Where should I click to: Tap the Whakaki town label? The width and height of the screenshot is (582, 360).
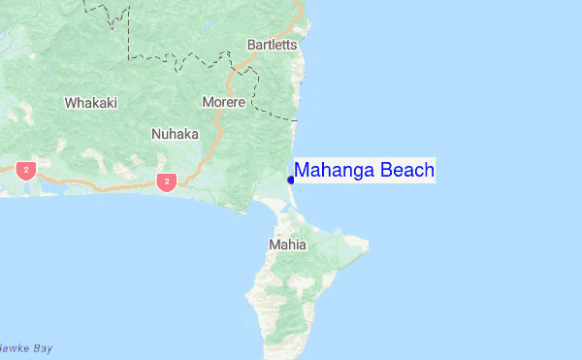click(x=90, y=102)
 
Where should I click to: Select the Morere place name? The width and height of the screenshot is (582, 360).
click(x=223, y=102)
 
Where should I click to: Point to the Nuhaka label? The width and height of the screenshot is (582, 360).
click(x=175, y=134)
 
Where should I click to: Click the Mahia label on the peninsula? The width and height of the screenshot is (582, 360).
click(x=286, y=245)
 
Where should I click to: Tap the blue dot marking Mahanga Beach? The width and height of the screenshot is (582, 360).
click(x=291, y=180)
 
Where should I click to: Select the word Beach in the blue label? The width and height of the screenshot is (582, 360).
click(x=407, y=171)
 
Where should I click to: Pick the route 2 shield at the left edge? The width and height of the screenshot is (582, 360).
click(x=25, y=170)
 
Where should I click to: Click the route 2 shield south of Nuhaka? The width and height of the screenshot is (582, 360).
click(x=168, y=181)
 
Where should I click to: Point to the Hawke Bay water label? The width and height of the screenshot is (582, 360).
click(x=24, y=348)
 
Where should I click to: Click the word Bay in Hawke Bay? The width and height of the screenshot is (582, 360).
click(x=41, y=348)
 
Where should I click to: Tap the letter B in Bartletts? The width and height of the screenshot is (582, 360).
click(x=251, y=45)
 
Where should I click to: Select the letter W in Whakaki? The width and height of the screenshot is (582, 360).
click(x=70, y=102)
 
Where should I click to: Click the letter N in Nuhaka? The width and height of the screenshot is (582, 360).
click(x=156, y=134)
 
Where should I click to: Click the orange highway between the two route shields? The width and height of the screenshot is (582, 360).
click(x=97, y=181)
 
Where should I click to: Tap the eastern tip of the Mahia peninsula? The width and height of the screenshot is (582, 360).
click(x=367, y=241)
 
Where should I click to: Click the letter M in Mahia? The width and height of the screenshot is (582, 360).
click(x=273, y=245)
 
